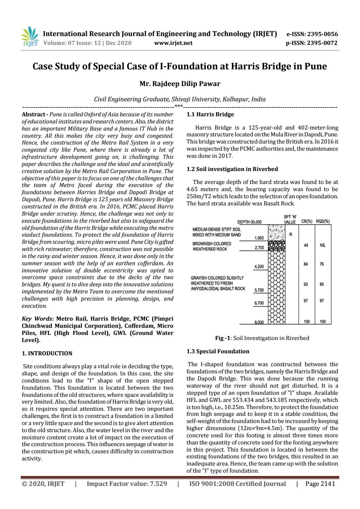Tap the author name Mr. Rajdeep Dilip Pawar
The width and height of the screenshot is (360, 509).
[179, 83]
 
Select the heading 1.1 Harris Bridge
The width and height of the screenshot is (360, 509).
[210, 114]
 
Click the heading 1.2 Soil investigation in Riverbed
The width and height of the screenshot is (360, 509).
[232, 169]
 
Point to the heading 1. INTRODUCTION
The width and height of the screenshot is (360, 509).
[47, 353]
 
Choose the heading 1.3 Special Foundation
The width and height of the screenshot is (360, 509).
[218, 351]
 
